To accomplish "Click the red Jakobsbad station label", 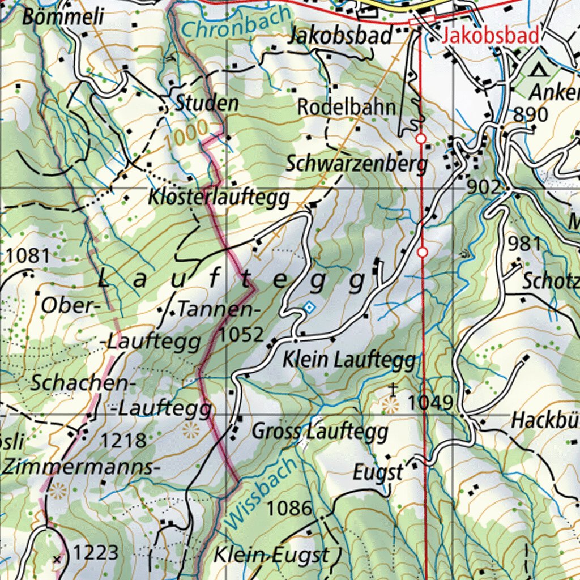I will click(x=491, y=36).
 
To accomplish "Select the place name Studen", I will click(x=207, y=103).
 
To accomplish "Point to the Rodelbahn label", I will click(x=347, y=107).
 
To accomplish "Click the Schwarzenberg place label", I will click(x=356, y=164).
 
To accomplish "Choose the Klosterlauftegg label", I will click(x=219, y=198).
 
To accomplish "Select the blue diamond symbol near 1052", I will click(x=309, y=307).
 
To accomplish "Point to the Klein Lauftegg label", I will click(x=349, y=359).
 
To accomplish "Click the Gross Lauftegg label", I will click(x=320, y=432).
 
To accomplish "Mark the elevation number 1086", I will click(x=289, y=508).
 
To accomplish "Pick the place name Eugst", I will click(x=378, y=472).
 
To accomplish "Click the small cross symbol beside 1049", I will click(x=393, y=388).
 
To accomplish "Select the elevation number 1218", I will click(x=123, y=440).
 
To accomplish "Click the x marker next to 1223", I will click(x=57, y=559).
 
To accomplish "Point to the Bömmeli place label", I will click(x=63, y=17).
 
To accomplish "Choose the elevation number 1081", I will click(x=28, y=256).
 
